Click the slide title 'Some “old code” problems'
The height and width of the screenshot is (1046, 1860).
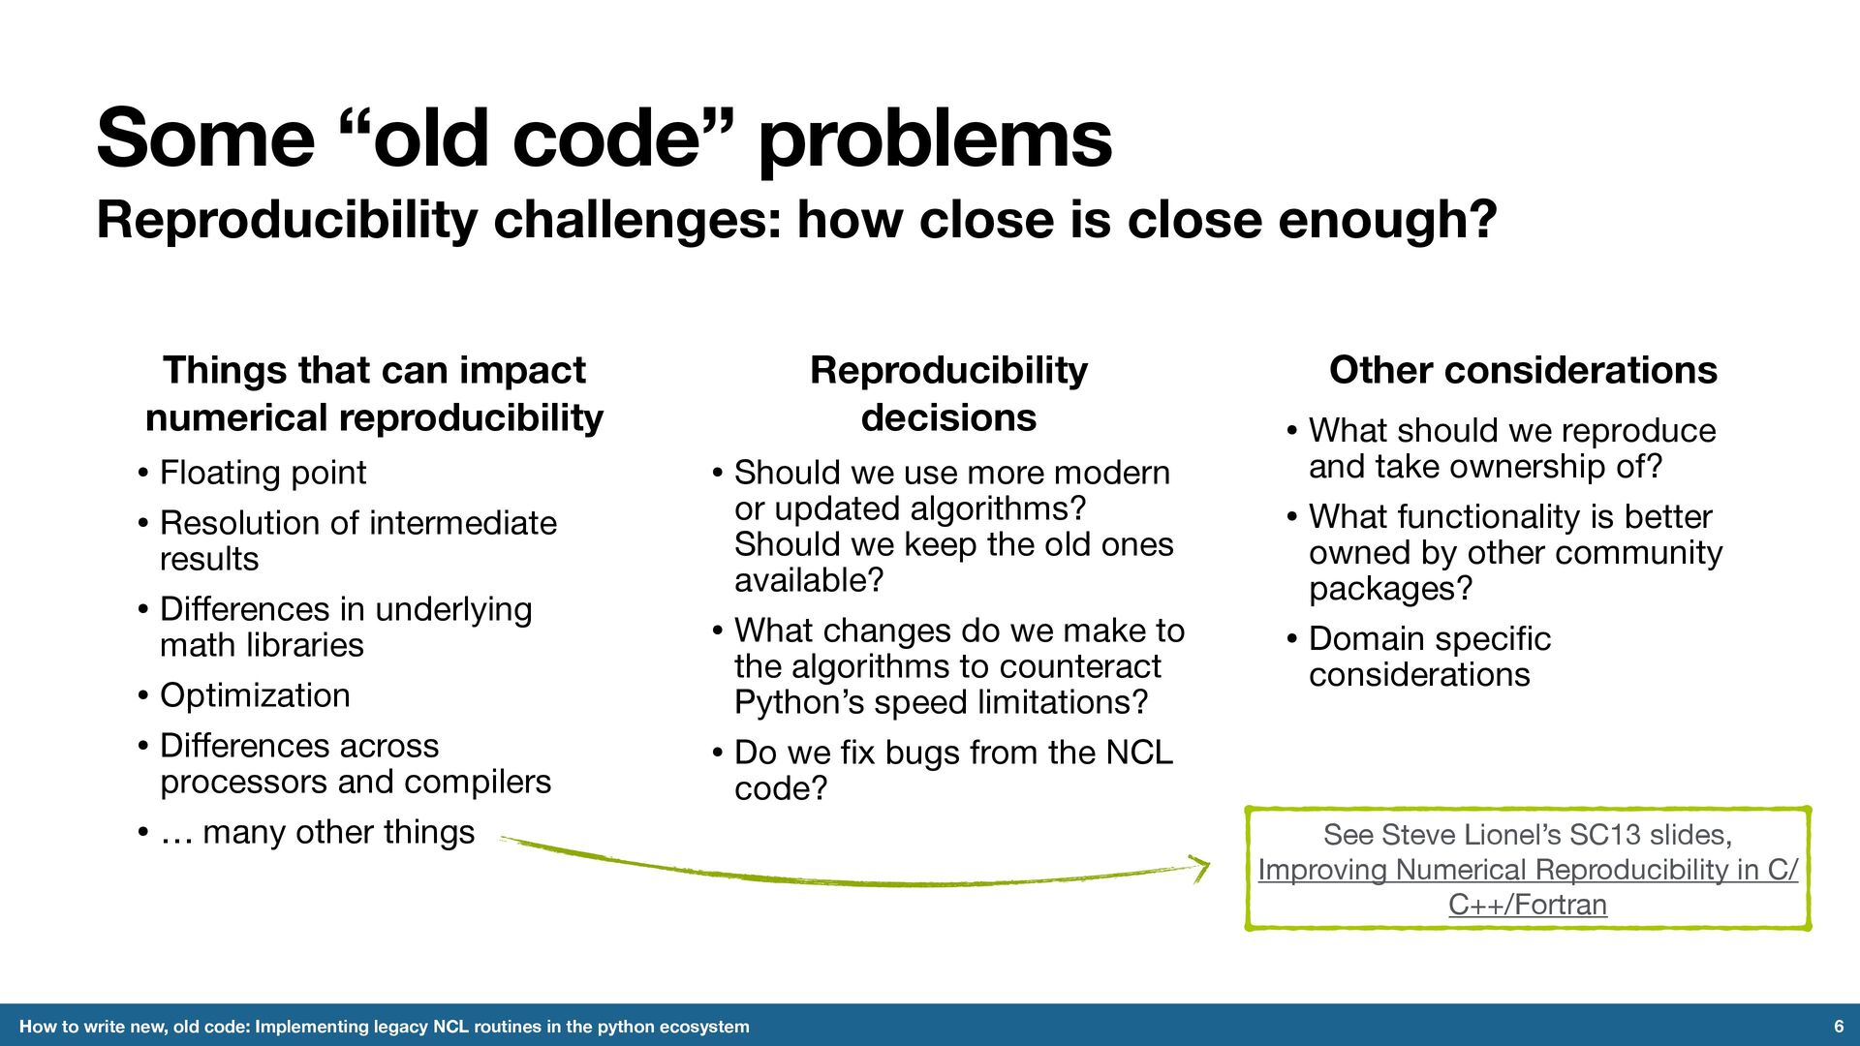tap(604, 138)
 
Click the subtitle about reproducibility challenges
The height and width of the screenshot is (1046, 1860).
tap(796, 220)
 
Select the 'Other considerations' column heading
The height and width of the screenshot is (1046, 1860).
tap(1523, 370)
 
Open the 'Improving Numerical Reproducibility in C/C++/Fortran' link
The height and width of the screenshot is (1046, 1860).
tap(1528, 887)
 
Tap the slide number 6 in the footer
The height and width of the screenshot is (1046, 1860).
tap(1838, 1027)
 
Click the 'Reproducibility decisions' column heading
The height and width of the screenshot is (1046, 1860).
tap(948, 394)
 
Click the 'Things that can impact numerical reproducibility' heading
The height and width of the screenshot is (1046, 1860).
tap(374, 394)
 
